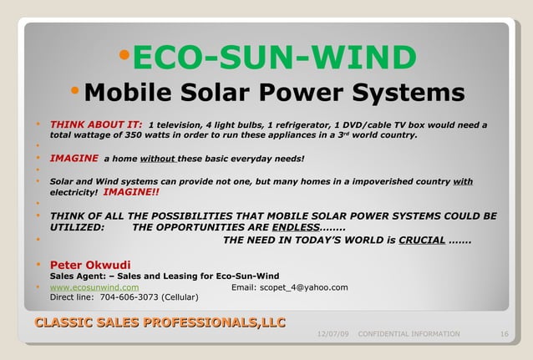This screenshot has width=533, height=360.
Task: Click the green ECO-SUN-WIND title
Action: pyautogui.click(x=275, y=58)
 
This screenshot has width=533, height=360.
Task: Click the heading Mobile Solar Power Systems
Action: pyautogui.click(x=274, y=91)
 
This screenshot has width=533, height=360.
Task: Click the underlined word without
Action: pyautogui.click(x=157, y=158)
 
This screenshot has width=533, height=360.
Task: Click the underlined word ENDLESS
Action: pyautogui.click(x=295, y=227)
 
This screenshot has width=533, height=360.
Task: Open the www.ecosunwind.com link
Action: pyautogui.click(x=94, y=287)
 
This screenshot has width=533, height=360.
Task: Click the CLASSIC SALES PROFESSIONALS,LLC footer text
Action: pyautogui.click(x=160, y=322)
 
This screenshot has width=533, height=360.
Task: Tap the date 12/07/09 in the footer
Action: pyautogui.click(x=333, y=334)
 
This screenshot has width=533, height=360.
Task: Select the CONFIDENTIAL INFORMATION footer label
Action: pyautogui.click(x=409, y=334)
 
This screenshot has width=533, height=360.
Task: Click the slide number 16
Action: pyautogui.click(x=504, y=334)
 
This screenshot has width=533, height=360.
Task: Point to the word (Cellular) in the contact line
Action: pyautogui.click(x=180, y=297)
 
